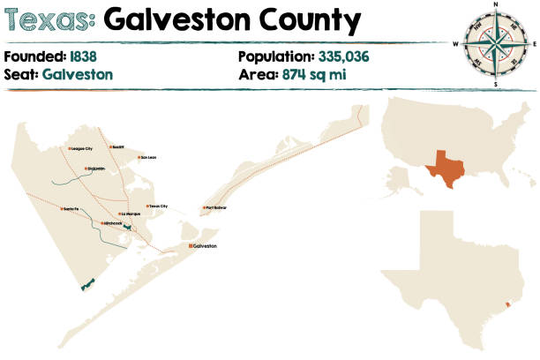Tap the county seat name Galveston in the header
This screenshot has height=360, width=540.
pos(77,74)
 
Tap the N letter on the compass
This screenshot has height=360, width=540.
pos(496,5)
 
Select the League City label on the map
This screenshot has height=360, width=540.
pos(83,148)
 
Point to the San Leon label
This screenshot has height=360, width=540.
pos(147,159)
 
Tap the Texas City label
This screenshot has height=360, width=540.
pos(158,206)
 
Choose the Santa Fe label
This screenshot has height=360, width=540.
pos(72,208)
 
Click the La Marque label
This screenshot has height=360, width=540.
pos(131,214)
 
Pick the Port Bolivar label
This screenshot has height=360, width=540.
pos(217,208)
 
